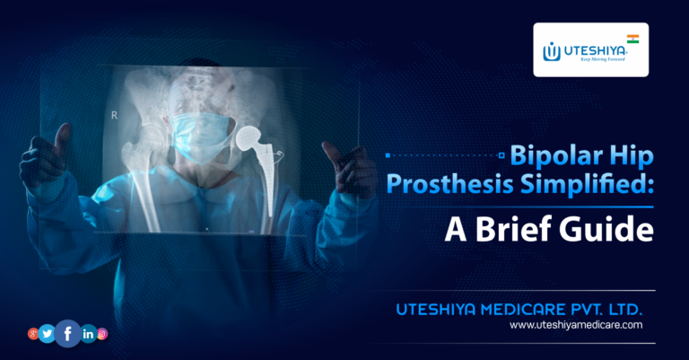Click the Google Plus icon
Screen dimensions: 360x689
pos(33,334)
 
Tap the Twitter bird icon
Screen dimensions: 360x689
pos(48,334)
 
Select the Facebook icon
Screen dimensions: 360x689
pos(68,333)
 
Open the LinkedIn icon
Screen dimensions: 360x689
pos(88,334)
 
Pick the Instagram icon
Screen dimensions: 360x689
pos(102,334)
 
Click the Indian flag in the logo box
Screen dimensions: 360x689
pos(632,40)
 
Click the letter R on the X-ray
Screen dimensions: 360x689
pos(113,115)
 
